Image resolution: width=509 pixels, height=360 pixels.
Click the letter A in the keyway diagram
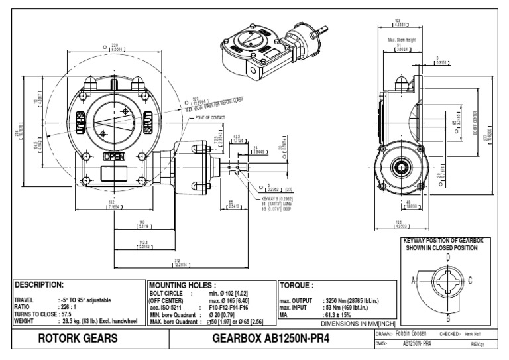click(414, 280)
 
